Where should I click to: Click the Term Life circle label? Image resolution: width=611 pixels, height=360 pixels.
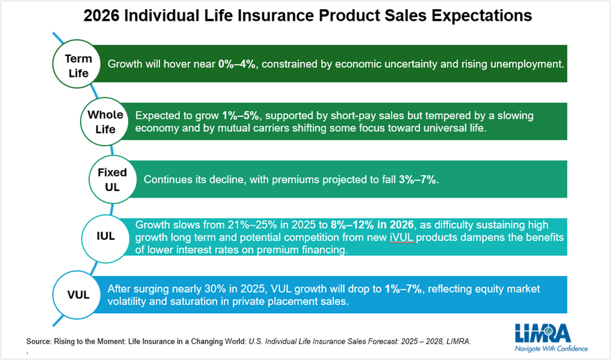pyautogui.click(x=79, y=65)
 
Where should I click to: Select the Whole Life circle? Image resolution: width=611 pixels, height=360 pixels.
pyautogui.click(x=105, y=122)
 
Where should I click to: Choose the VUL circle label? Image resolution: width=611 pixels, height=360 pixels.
pyautogui.click(x=78, y=294)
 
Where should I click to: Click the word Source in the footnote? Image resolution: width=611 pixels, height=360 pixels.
pyautogui.click(x=39, y=340)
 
